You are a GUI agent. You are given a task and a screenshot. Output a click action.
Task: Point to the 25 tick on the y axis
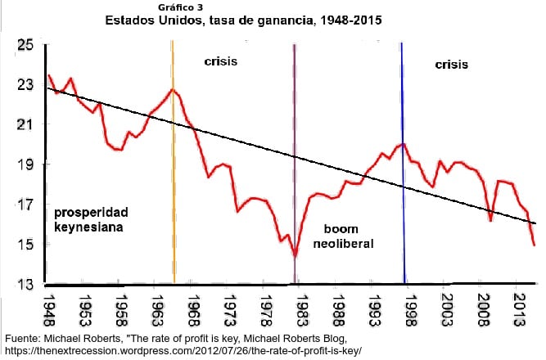click(x=25, y=45)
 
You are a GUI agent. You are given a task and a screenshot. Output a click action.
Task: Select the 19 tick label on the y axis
click(x=25, y=164)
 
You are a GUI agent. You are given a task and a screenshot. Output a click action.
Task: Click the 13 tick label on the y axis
click(x=25, y=284)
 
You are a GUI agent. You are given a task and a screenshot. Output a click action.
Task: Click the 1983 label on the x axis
click(x=302, y=309)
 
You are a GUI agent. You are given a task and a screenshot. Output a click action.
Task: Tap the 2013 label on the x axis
click(x=519, y=309)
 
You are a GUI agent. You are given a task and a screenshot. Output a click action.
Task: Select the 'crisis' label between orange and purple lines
click(x=220, y=61)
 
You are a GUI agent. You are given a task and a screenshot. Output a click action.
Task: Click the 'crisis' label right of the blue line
click(x=451, y=64)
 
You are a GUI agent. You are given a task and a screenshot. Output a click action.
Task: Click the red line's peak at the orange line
click(x=173, y=90)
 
